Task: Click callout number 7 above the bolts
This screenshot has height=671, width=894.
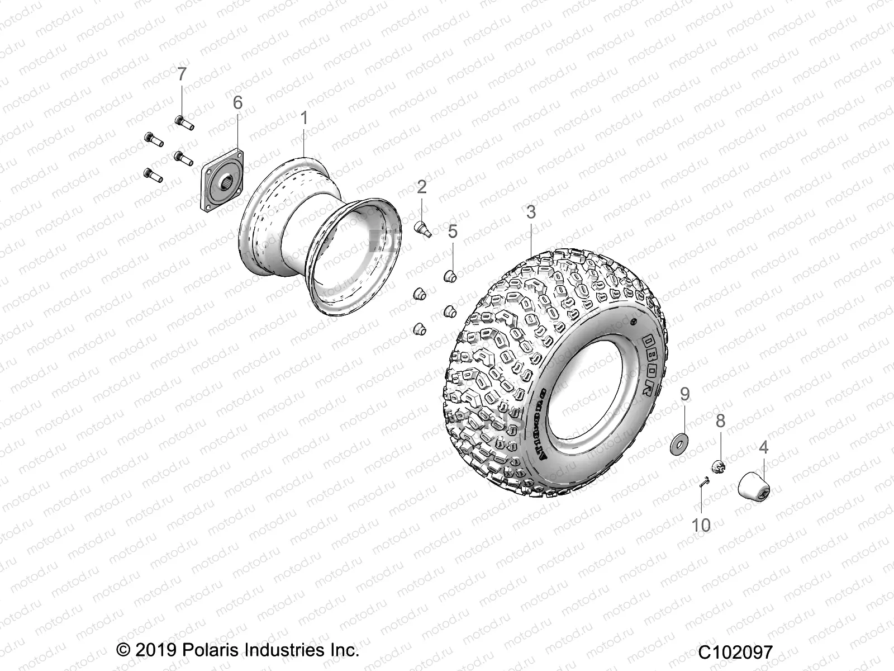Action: (x=181, y=74)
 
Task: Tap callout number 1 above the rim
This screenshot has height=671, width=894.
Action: (x=304, y=118)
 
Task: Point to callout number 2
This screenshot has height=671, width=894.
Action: (x=421, y=187)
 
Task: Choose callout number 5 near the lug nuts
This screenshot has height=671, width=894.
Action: (x=453, y=231)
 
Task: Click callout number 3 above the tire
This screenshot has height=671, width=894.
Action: (x=531, y=212)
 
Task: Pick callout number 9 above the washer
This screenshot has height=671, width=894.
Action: (x=685, y=394)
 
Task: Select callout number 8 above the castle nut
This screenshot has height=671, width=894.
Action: (x=720, y=420)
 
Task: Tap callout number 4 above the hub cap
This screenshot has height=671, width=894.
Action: (x=763, y=447)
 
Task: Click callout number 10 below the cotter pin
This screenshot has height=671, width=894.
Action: (x=701, y=525)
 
